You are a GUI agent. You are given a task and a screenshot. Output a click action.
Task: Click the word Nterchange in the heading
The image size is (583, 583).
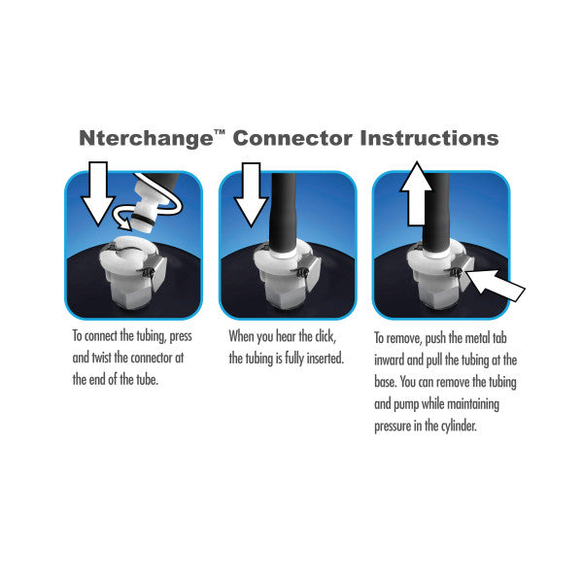click(x=146, y=138)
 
